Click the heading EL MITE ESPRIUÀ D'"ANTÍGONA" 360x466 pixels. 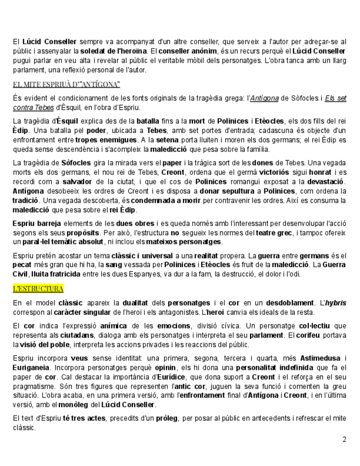click(x=66, y=84)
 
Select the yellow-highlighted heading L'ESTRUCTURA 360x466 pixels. click(x=38, y=289)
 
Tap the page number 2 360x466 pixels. click(x=344, y=440)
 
